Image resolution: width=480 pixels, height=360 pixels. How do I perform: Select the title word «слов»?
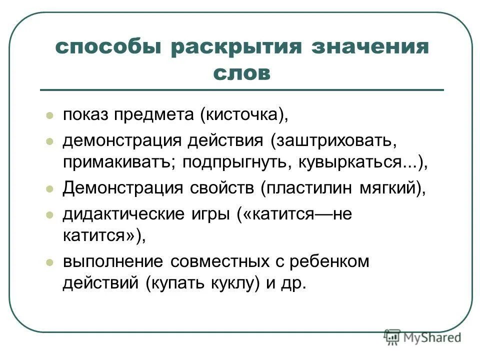[x=241, y=73]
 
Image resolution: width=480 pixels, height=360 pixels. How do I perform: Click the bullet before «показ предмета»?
[x=49, y=115]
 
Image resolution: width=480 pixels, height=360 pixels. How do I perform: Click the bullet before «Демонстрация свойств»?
[x=49, y=189]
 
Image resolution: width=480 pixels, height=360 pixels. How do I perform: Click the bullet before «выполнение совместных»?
[x=49, y=261]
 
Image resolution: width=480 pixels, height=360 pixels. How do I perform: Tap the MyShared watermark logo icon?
[x=392, y=337]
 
